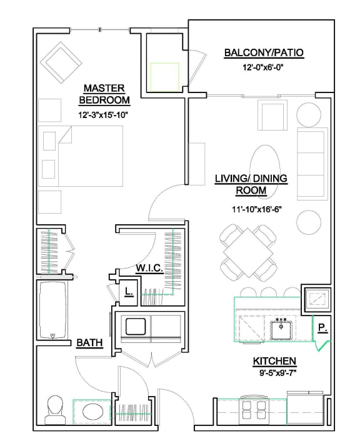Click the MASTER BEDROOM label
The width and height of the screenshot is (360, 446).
(104, 94)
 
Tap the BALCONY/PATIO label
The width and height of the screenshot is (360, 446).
(264, 52)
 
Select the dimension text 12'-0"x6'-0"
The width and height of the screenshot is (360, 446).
(263, 69)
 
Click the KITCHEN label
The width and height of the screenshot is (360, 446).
(274, 362)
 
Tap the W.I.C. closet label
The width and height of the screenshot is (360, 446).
(149, 268)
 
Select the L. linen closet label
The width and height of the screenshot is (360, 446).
(128, 291)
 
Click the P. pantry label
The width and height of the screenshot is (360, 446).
(321, 327)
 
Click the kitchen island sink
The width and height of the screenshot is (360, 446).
(282, 326)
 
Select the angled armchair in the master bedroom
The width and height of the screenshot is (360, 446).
(61, 62)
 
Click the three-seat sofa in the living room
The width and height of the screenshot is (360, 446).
(311, 162)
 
